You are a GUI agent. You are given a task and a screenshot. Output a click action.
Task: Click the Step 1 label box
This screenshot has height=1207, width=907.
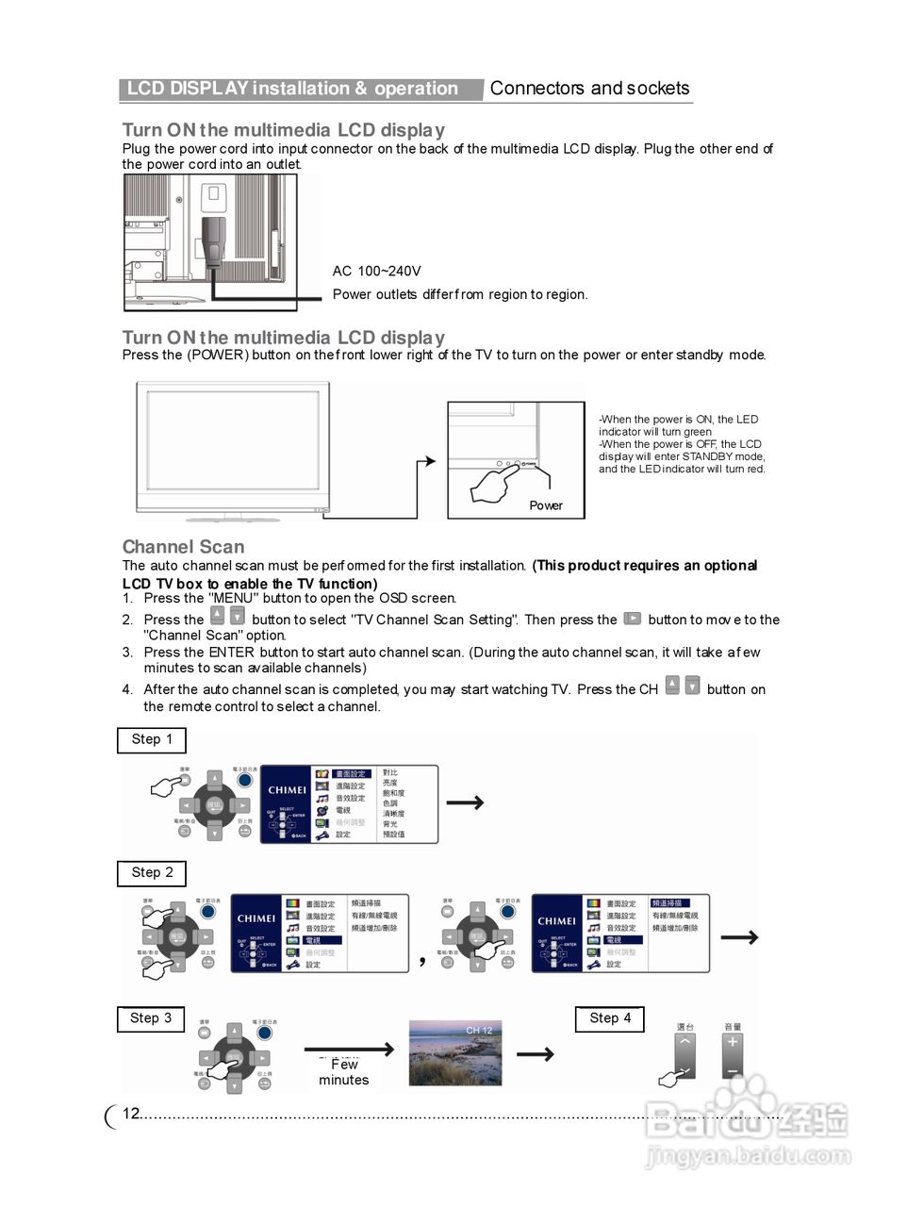pos(152,740)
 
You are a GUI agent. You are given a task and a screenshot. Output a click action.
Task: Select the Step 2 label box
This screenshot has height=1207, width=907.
pos(152,873)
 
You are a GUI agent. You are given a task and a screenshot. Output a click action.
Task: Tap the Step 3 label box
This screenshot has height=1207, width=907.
pos(151,1018)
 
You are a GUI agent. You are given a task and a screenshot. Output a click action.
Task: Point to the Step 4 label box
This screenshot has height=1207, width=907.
pos(609,1018)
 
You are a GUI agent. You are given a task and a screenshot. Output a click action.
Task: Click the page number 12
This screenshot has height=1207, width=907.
pos(130,1114)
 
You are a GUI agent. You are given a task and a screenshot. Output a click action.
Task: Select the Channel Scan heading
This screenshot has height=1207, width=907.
pos(183,547)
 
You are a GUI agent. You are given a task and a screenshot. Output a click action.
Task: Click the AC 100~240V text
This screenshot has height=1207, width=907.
pos(376,272)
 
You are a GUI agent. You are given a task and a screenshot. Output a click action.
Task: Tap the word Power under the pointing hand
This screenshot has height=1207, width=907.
pos(545,505)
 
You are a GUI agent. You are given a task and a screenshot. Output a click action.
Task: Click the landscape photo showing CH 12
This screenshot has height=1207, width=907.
pos(455,1052)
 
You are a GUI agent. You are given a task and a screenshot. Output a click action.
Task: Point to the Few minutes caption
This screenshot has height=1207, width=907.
pos(344,1072)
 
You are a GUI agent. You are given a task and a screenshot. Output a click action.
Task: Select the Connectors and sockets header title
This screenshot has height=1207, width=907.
pos(589,89)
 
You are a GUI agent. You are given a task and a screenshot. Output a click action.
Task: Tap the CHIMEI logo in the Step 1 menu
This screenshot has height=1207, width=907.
pos(287,790)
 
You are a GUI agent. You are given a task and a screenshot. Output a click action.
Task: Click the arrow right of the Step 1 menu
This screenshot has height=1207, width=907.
pos(465,802)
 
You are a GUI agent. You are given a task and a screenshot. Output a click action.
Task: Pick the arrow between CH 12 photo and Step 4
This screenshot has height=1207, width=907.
pos(535,1053)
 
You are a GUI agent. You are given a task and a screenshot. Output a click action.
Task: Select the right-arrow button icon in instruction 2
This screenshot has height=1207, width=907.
pos(633,619)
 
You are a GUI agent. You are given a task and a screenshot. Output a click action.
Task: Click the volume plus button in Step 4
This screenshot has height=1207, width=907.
pos(732,1043)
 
